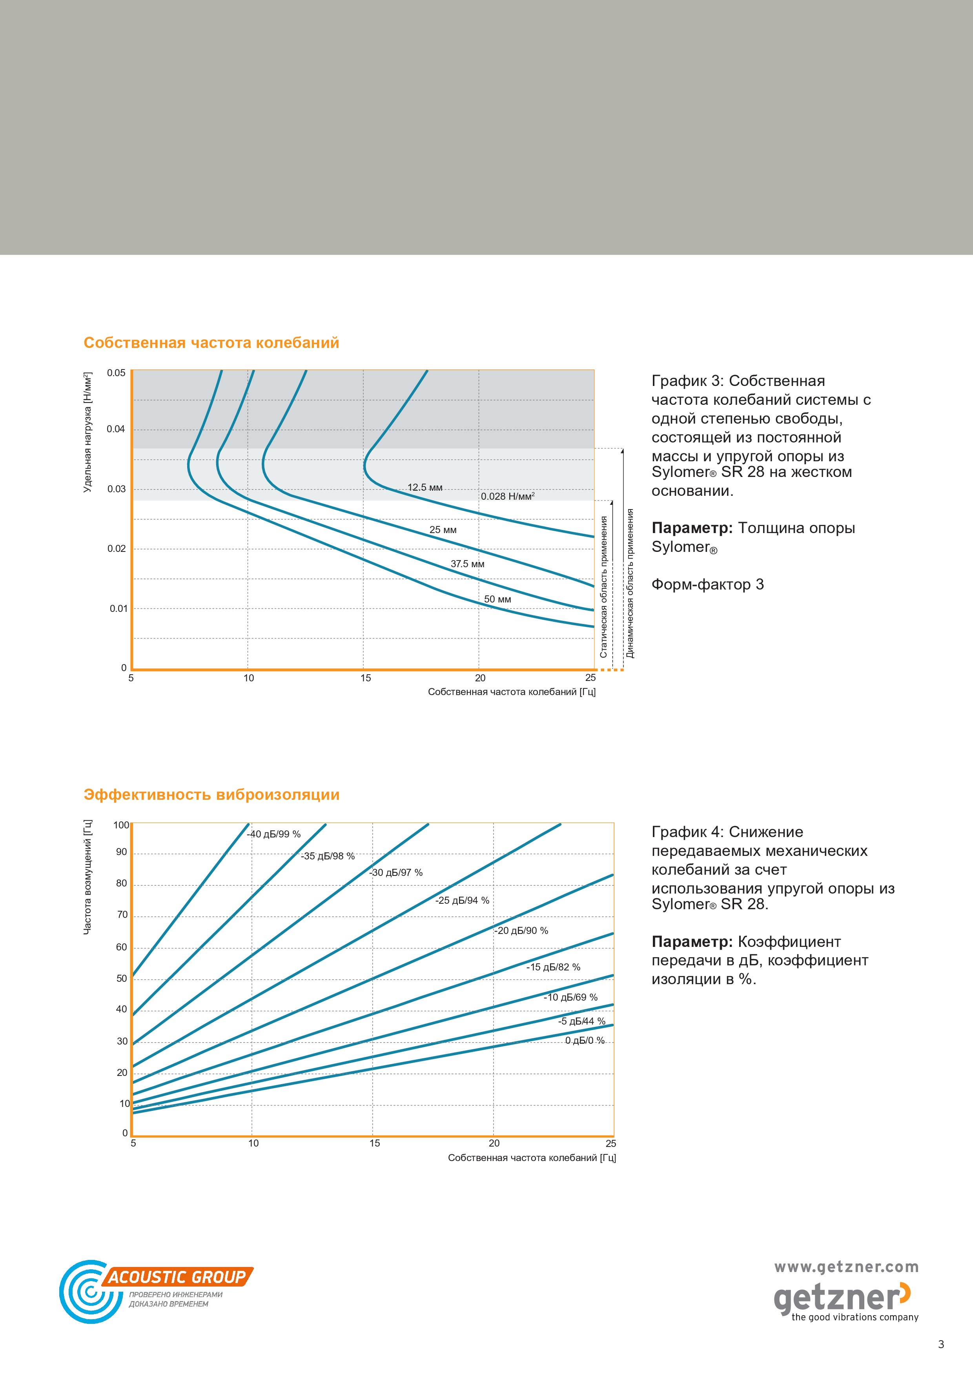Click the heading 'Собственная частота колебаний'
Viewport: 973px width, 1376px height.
[x=211, y=343]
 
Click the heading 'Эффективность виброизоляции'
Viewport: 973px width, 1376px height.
[x=211, y=795]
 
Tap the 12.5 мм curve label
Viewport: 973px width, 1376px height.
[x=425, y=487]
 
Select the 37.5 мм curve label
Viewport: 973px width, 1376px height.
[x=468, y=564]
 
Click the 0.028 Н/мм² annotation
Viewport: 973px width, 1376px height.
[x=508, y=496]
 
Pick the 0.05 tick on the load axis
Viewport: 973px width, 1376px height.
[x=116, y=373]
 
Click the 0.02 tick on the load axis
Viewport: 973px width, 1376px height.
[x=116, y=548]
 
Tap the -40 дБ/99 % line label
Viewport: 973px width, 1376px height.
[x=274, y=834]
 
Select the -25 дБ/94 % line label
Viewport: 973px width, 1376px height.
[x=462, y=900]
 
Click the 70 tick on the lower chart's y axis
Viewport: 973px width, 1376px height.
[x=122, y=915]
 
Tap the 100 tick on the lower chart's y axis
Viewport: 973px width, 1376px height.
[x=121, y=825]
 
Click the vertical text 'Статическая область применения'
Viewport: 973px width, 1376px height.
[x=604, y=587]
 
